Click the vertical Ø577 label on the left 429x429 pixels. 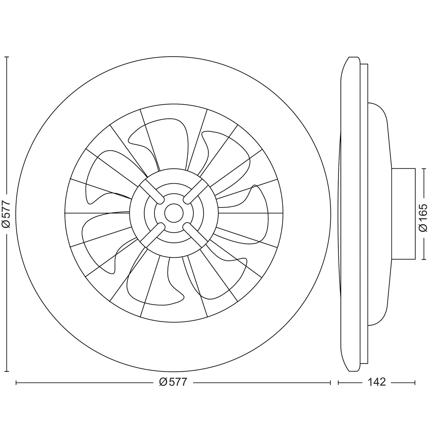pos(6,214)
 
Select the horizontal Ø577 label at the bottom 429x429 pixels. pos(173,382)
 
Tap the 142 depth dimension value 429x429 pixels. pos(377,382)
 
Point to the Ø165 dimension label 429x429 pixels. pos(423,214)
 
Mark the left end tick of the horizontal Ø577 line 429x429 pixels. pos(16,382)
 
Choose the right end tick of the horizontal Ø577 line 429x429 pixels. pos(330,382)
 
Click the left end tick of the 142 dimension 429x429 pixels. pos(339,382)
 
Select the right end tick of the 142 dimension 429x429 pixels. pos(415,382)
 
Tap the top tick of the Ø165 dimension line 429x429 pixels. pos(423,168)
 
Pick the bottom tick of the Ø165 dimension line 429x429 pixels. pos(423,259)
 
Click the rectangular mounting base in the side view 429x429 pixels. pos(403,214)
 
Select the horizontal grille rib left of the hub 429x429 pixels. pos(97,213)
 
